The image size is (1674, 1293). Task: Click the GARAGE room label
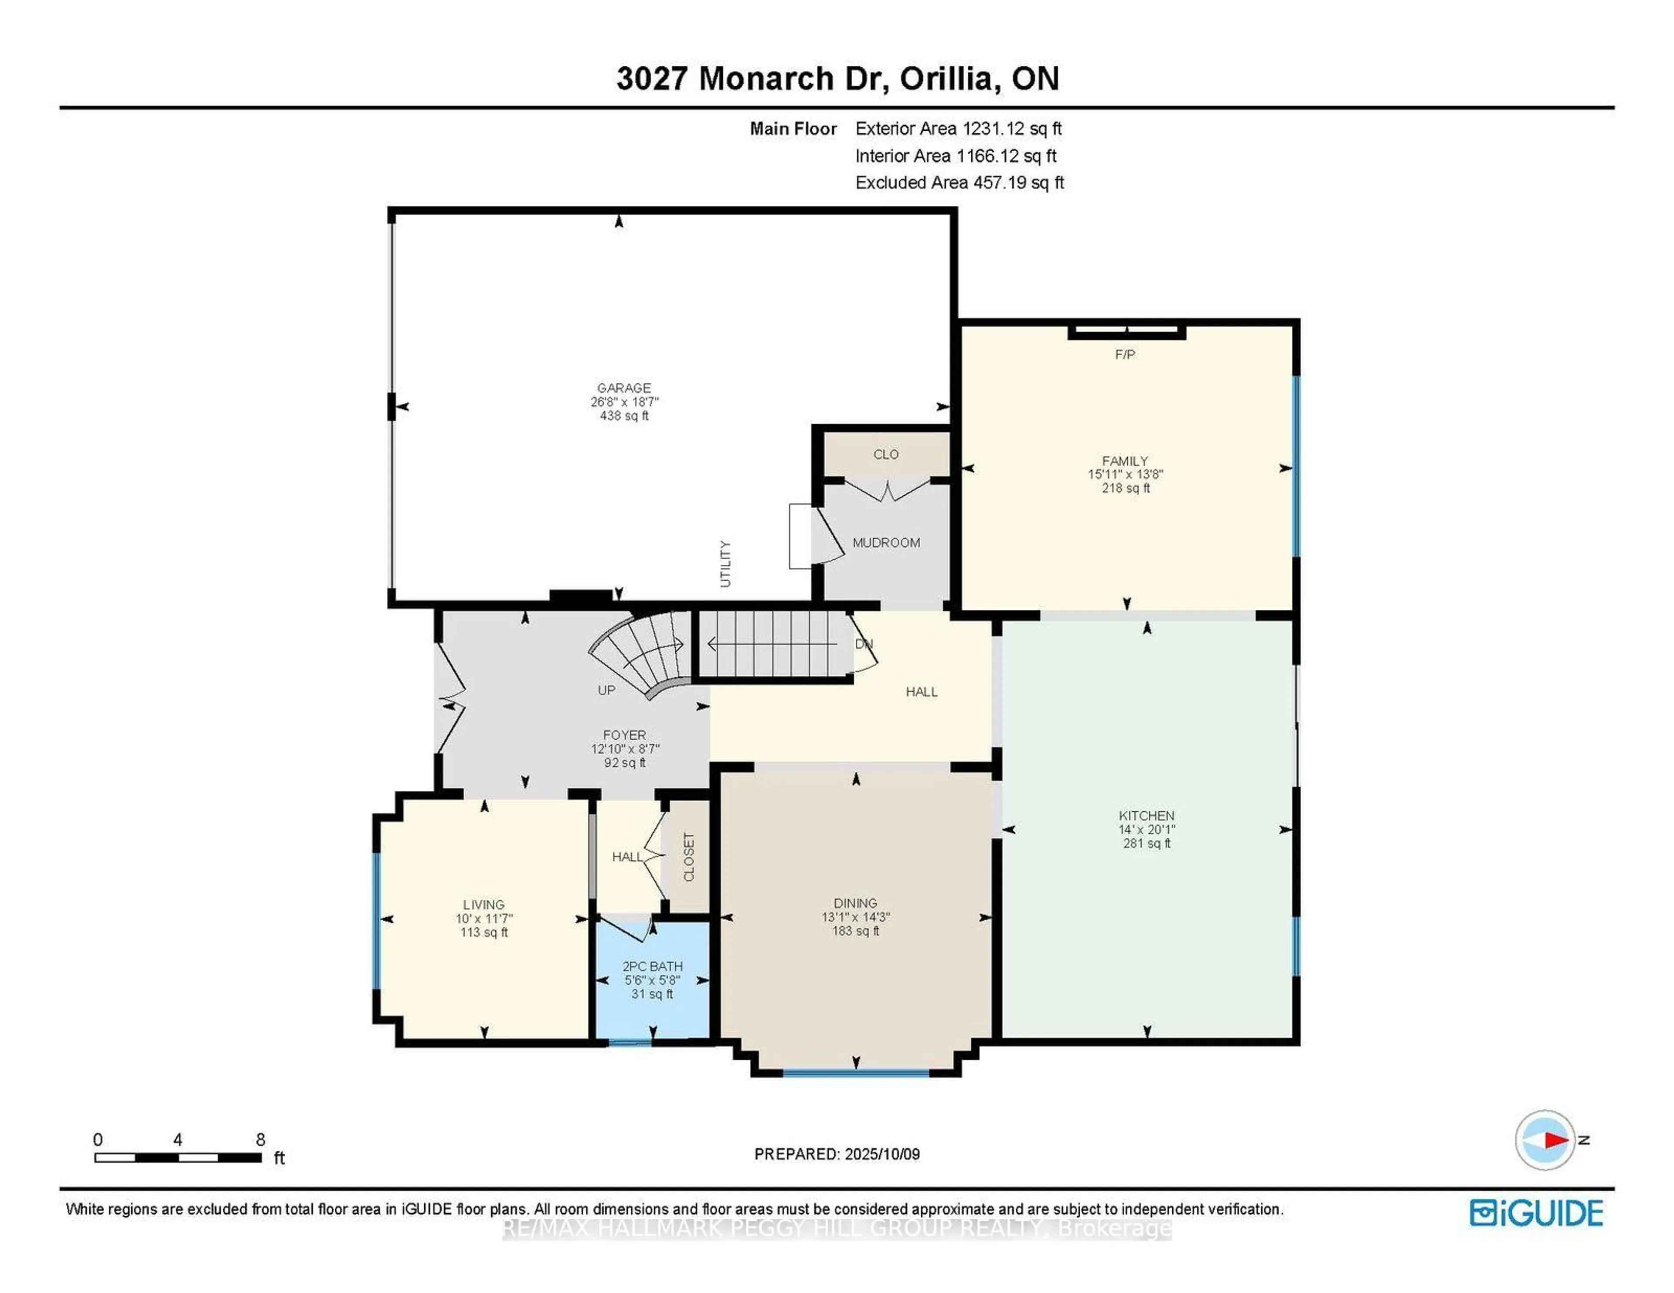click(x=624, y=388)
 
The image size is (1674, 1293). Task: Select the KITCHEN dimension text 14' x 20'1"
click(x=1146, y=829)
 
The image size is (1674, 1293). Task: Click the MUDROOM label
click(x=886, y=543)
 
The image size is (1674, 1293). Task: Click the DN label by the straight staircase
click(x=864, y=644)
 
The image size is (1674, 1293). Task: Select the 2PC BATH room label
click(x=652, y=966)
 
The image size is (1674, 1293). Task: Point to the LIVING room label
click(x=483, y=905)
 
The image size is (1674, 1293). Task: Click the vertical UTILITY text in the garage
click(x=725, y=564)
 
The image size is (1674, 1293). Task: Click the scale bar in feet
click(x=178, y=1157)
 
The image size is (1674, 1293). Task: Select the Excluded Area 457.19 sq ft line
click(x=959, y=182)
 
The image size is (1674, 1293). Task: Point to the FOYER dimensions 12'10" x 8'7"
click(x=625, y=749)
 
